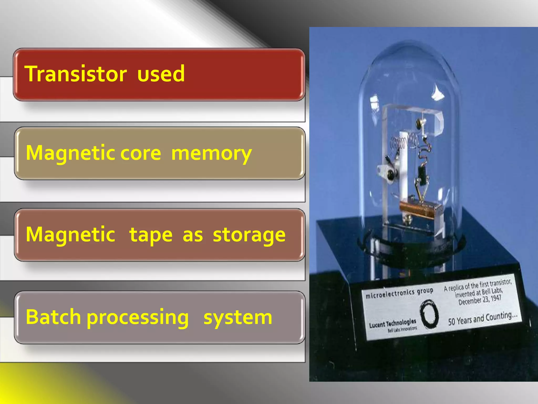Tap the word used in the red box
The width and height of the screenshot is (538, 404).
click(x=161, y=74)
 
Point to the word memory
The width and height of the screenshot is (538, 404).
click(x=211, y=154)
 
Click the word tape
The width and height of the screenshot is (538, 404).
click(x=151, y=235)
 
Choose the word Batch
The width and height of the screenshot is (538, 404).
click(x=53, y=317)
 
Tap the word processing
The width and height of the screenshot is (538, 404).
click(x=138, y=318)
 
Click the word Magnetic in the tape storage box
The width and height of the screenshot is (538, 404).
click(x=70, y=234)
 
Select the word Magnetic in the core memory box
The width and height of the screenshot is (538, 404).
click(x=70, y=153)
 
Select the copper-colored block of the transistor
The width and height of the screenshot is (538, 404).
click(x=418, y=208)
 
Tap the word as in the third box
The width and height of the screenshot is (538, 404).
click(x=193, y=235)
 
